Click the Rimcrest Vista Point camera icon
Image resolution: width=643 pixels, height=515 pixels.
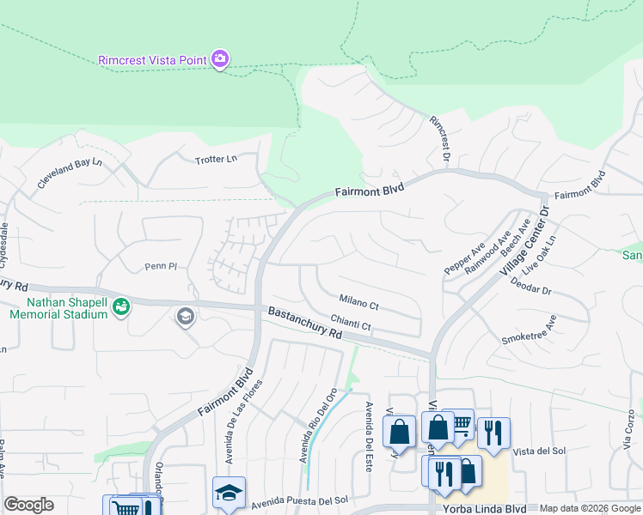[220, 59]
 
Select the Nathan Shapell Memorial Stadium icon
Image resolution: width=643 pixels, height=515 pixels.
[121, 306]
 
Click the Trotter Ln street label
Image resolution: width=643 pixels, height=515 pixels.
[215, 160]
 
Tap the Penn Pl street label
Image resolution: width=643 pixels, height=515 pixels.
[159, 267]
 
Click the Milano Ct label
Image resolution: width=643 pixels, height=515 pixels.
[358, 304]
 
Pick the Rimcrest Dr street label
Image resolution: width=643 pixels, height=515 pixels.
[440, 137]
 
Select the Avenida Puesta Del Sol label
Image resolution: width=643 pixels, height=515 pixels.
[298, 500]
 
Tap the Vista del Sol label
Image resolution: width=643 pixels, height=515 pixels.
[539, 451]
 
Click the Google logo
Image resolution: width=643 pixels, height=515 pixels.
[28, 505]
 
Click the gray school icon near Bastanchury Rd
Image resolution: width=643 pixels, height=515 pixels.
[184, 318]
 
